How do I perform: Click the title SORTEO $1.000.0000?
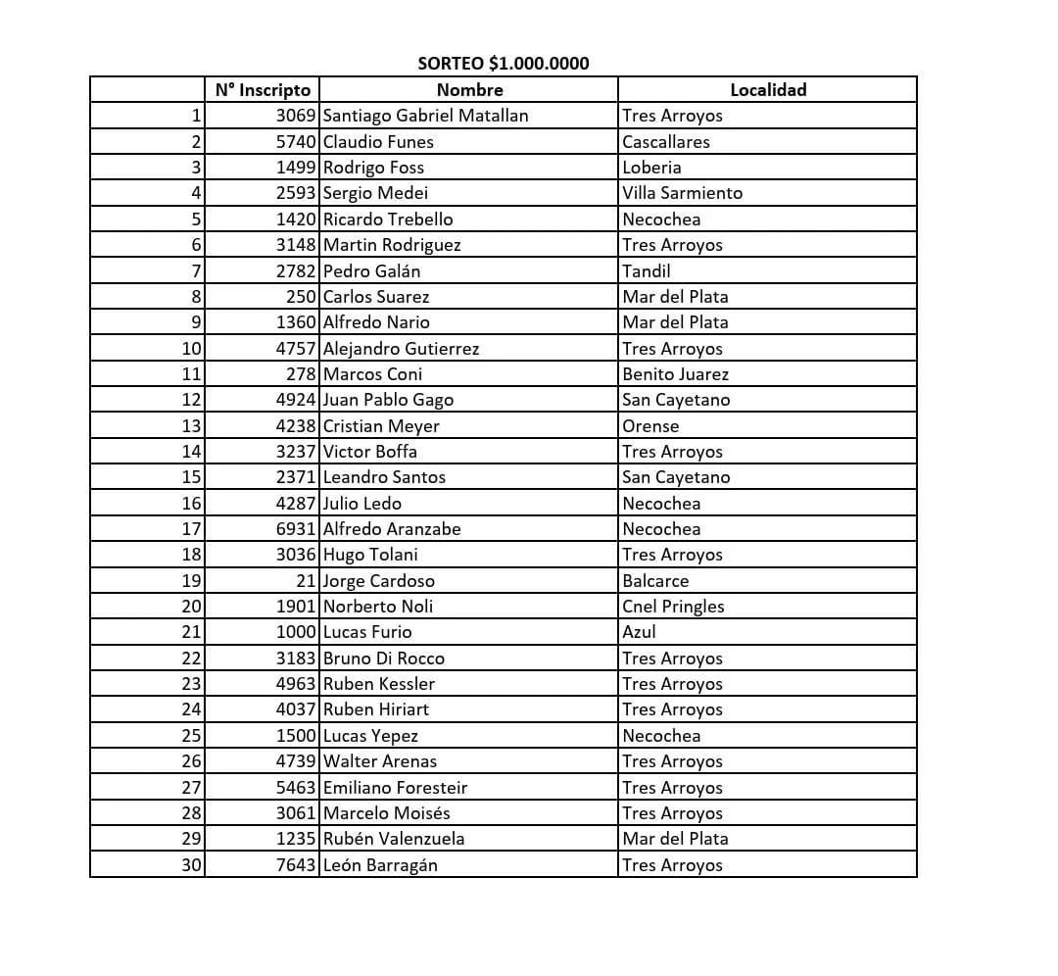click(504, 64)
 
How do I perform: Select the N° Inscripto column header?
click(263, 90)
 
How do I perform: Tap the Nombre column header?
click(469, 90)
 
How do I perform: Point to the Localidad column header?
click(768, 90)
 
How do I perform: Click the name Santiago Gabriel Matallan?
click(425, 116)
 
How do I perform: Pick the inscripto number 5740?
click(296, 142)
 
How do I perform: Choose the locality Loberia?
click(651, 168)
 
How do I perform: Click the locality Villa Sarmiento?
click(682, 193)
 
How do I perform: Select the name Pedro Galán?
click(371, 270)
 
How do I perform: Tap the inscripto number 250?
click(302, 297)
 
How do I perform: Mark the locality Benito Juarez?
click(675, 374)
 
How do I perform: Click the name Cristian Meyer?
click(381, 426)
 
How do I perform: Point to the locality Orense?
click(650, 426)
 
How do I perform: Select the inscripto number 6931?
click(296, 529)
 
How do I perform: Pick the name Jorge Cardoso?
click(378, 581)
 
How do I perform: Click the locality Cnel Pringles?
click(673, 607)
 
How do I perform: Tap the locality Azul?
click(639, 632)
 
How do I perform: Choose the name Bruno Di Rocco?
click(383, 659)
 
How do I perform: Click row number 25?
click(191, 736)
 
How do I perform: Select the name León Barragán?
click(380, 865)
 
